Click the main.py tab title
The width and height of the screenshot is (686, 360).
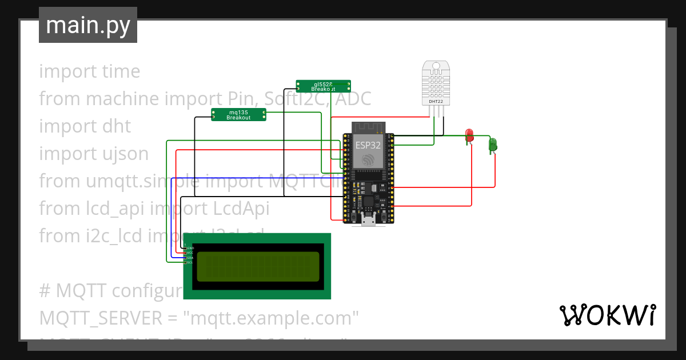pyautogui.click(x=87, y=25)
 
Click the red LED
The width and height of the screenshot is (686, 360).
pyautogui.click(x=469, y=135)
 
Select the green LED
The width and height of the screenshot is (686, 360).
pyautogui.click(x=493, y=144)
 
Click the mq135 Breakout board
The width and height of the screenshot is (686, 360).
pyautogui.click(x=238, y=114)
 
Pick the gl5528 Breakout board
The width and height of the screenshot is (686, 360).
pyautogui.click(x=323, y=86)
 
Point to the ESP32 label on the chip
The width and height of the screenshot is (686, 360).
pyautogui.click(x=368, y=145)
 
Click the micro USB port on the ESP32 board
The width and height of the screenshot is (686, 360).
pyautogui.click(x=368, y=220)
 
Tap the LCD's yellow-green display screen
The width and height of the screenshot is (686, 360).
pyautogui.click(x=258, y=266)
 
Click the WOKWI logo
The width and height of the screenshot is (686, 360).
pyautogui.click(x=607, y=315)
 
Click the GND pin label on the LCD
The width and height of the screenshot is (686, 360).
pyautogui.click(x=190, y=249)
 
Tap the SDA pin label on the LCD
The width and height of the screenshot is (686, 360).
pyautogui.click(x=190, y=258)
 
